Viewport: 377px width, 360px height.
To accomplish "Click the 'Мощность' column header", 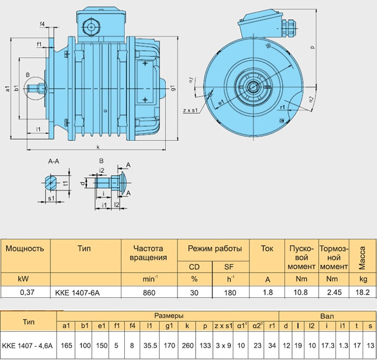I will tap(25, 248).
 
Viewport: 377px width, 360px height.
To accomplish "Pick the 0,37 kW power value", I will tap(20, 291).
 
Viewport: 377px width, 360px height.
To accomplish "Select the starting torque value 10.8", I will tap(300, 291).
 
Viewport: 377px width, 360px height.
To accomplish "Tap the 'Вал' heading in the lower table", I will tap(327, 315).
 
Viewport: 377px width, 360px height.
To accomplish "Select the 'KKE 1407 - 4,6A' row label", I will tap(27, 344).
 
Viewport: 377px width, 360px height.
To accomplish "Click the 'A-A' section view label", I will tap(54, 162).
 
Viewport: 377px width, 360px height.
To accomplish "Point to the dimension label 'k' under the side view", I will tap(98, 147).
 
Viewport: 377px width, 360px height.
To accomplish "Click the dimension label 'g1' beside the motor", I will tap(173, 88).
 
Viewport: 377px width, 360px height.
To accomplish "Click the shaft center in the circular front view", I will tap(253, 86).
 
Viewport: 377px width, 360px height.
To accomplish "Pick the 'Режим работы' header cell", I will tap(214, 248).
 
